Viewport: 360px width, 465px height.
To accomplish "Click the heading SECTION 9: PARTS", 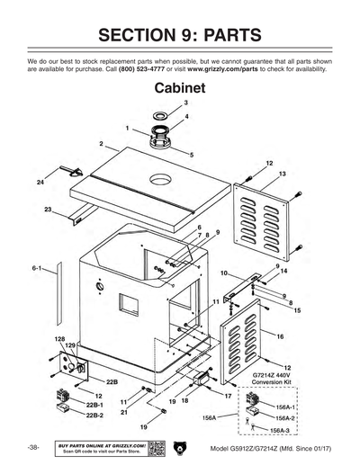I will click(180, 35).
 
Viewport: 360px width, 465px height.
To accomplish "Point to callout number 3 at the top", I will click(160, 103).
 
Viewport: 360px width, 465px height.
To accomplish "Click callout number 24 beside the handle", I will click(40, 183).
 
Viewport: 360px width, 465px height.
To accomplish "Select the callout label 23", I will click(48, 209).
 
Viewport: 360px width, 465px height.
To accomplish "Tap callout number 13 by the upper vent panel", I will click(283, 173).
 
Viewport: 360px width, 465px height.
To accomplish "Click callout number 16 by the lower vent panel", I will click(281, 335).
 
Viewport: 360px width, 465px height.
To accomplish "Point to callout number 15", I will click(297, 309).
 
